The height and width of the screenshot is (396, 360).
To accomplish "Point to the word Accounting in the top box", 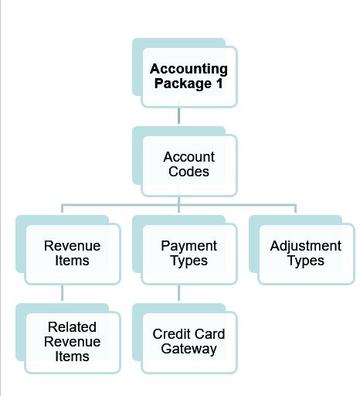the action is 188,70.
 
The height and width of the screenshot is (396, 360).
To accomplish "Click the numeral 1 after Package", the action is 219,84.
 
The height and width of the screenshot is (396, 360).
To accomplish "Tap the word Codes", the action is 188,172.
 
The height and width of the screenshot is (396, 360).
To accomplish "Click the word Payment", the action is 188,246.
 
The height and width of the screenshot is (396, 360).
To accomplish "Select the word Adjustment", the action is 306,247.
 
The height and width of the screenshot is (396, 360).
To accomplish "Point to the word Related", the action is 72,327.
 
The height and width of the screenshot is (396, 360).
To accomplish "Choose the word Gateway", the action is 188,350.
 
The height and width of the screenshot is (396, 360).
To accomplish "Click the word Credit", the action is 168,334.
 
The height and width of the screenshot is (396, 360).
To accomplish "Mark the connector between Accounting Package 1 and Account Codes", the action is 178,116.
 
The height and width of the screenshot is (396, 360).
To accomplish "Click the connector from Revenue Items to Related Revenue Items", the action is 62,293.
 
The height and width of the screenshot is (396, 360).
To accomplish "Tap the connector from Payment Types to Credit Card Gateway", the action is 178,293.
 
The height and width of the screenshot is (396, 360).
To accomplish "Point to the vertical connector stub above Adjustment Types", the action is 295,209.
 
